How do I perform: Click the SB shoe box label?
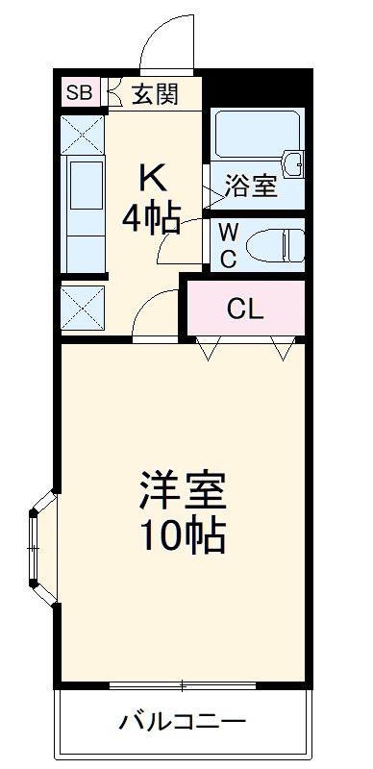coord(79,93)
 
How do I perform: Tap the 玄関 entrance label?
coord(154,94)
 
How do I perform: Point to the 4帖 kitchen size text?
coord(151,220)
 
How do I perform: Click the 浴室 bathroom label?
coord(251,186)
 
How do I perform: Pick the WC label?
coord(228,245)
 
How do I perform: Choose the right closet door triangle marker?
coord(283,349)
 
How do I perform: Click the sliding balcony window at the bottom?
coord(183,685)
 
